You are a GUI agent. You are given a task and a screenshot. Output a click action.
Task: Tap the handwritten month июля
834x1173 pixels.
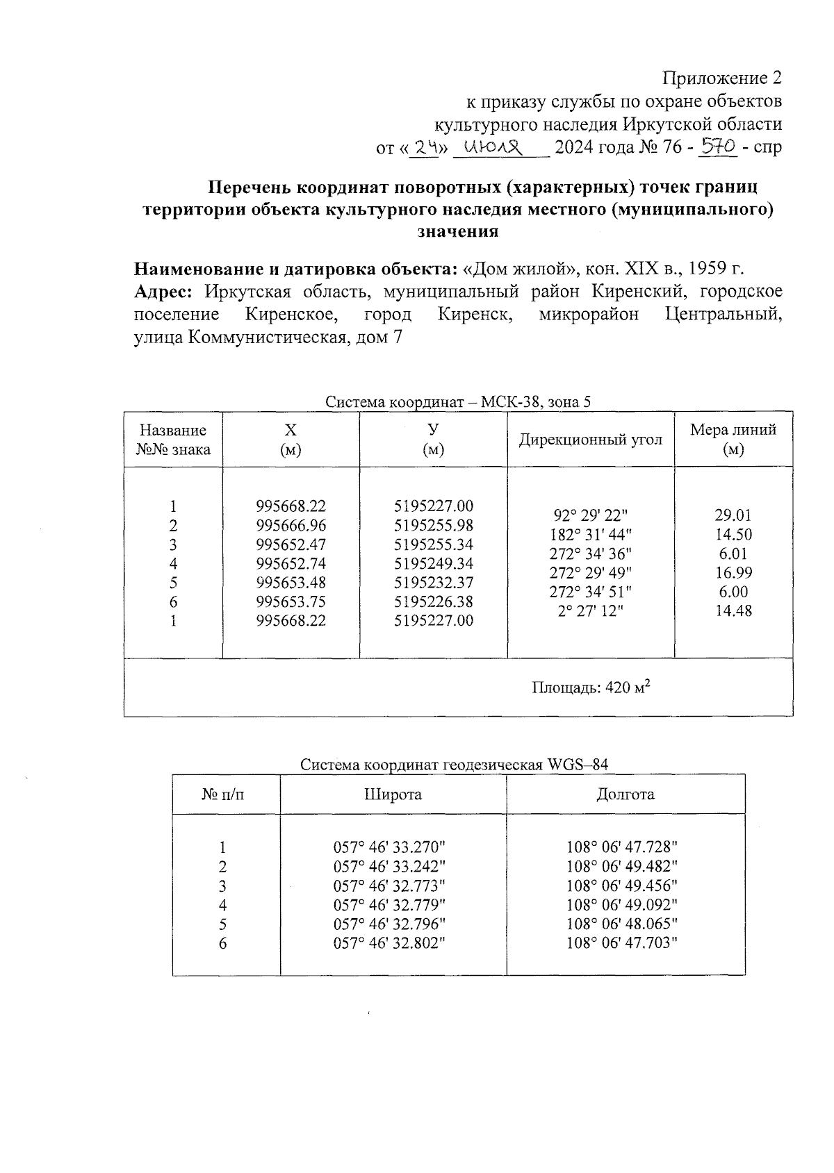493,147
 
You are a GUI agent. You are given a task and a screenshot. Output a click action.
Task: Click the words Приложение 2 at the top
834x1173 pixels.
723,78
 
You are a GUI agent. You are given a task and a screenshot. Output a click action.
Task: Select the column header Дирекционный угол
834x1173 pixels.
590,440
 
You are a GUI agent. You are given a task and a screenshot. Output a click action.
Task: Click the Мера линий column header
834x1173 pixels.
733,439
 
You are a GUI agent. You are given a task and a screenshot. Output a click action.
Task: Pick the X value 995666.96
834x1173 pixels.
291,525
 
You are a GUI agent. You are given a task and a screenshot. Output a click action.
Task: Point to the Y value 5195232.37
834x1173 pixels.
433,583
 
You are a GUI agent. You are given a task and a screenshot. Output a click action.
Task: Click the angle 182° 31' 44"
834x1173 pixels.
590,535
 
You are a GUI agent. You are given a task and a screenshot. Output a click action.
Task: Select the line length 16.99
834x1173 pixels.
733,573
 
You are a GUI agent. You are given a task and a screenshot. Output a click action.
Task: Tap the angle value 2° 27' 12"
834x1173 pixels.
590,611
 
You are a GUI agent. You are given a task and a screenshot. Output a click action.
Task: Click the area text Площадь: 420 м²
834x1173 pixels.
591,688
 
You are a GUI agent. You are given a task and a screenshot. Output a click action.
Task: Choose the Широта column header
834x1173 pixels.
393,795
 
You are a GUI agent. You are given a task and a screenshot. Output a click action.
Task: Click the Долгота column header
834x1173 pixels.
625,795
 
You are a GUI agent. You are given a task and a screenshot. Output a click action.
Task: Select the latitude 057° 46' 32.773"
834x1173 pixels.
389,885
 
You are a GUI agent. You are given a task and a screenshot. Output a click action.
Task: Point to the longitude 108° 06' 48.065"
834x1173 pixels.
621,924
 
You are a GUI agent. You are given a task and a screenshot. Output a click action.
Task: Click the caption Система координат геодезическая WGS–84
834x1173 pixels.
454,765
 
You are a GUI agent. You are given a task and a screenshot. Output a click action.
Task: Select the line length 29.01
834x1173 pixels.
733,515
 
